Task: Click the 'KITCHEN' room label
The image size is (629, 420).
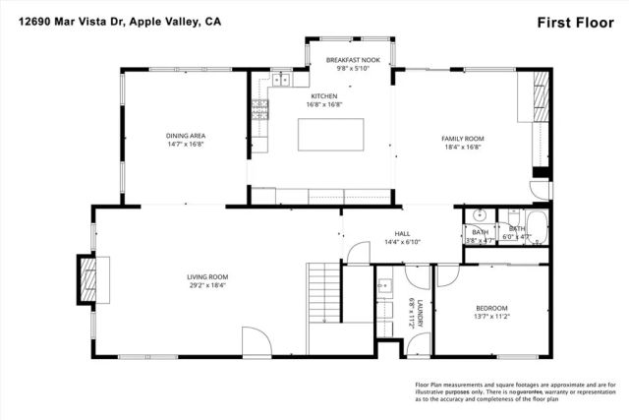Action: (x=323, y=96)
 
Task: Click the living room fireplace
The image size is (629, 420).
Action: (x=88, y=279)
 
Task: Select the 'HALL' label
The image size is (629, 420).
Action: (x=388, y=233)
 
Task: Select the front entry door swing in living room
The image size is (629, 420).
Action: (x=257, y=343)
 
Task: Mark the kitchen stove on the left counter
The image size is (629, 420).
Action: (x=259, y=102)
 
